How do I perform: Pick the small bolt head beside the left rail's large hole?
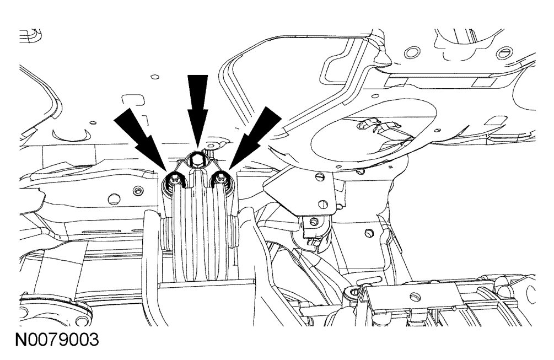click(x=136, y=190)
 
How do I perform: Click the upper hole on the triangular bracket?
click(x=319, y=179)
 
